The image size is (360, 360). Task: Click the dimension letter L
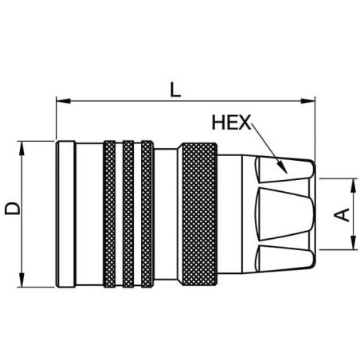(x=175, y=90)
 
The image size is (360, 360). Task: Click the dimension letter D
(x=13, y=208)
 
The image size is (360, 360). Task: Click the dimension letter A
(x=342, y=214)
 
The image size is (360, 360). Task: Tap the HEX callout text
(x=231, y=123)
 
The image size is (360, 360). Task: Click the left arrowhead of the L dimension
(x=63, y=101)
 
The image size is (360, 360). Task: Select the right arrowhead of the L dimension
(x=307, y=101)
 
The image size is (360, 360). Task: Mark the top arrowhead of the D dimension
(x=22, y=148)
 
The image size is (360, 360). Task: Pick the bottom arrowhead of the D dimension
(x=22, y=280)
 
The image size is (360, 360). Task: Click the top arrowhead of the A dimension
(x=354, y=186)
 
